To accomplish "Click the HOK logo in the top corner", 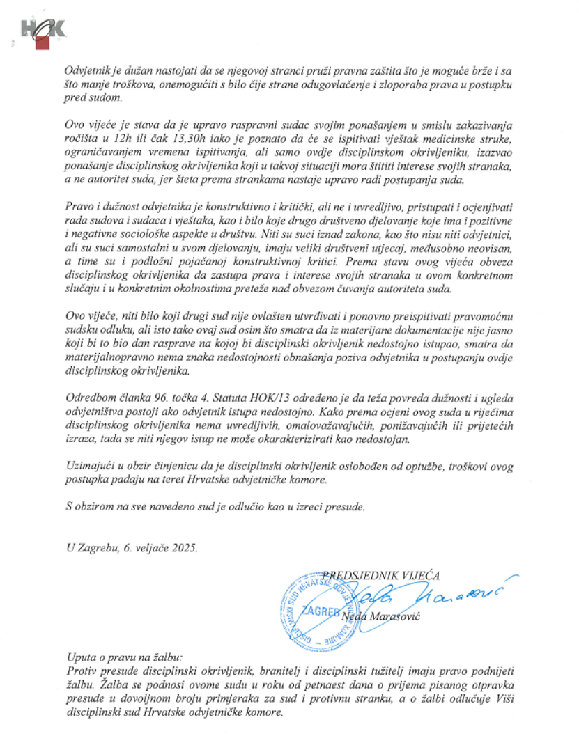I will click(43, 31).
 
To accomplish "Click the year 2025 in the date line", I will click(184, 548).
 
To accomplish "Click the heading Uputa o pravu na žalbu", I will click(123, 657).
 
